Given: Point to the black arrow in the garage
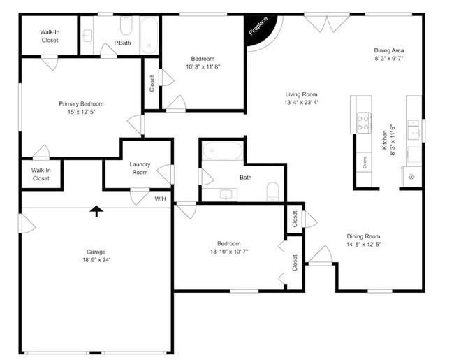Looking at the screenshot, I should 95,210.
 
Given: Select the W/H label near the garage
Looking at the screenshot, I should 160,199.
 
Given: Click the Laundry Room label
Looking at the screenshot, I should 140,168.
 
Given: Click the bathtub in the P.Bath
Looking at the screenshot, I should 149,35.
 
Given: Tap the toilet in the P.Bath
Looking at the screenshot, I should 126,26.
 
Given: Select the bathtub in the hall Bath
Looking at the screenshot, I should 222,152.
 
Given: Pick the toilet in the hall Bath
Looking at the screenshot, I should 273,191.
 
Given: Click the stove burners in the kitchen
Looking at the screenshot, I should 364,123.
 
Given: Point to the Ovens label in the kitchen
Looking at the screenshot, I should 365,162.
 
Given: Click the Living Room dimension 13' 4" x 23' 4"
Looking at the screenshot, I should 301,103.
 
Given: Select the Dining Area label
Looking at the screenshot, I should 389,50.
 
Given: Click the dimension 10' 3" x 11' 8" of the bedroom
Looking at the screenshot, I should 203,67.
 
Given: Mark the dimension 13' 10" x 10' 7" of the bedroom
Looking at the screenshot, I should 228,252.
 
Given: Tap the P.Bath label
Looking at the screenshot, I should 122,43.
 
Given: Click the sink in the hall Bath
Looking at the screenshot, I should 225,193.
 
